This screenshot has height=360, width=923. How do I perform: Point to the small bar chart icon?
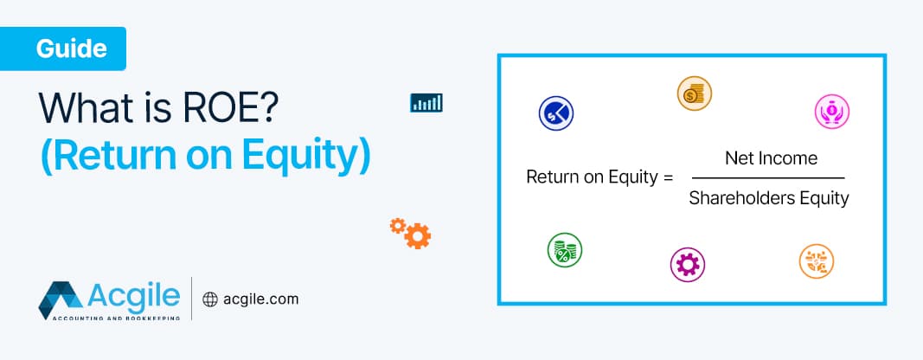(x=426, y=103)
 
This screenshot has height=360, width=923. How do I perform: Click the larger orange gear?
(x=418, y=235)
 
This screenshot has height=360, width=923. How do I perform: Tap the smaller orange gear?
(x=397, y=225)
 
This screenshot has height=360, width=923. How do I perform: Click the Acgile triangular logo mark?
(x=60, y=300)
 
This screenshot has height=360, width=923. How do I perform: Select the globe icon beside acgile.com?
(x=210, y=299)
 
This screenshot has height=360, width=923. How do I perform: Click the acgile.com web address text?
(x=260, y=299)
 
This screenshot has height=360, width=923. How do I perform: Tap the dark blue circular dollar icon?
(x=556, y=112)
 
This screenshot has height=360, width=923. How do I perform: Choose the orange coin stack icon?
(x=694, y=93)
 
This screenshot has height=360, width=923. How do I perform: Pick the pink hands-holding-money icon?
(x=832, y=111)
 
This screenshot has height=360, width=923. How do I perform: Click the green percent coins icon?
(x=564, y=251)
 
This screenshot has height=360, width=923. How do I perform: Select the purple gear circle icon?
(x=688, y=264)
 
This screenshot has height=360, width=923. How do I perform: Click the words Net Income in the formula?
(x=771, y=158)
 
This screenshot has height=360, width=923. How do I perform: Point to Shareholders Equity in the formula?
(x=769, y=198)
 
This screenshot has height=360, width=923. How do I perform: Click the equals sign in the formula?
(x=667, y=178)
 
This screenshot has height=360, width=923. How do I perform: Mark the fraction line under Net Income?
(x=769, y=178)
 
